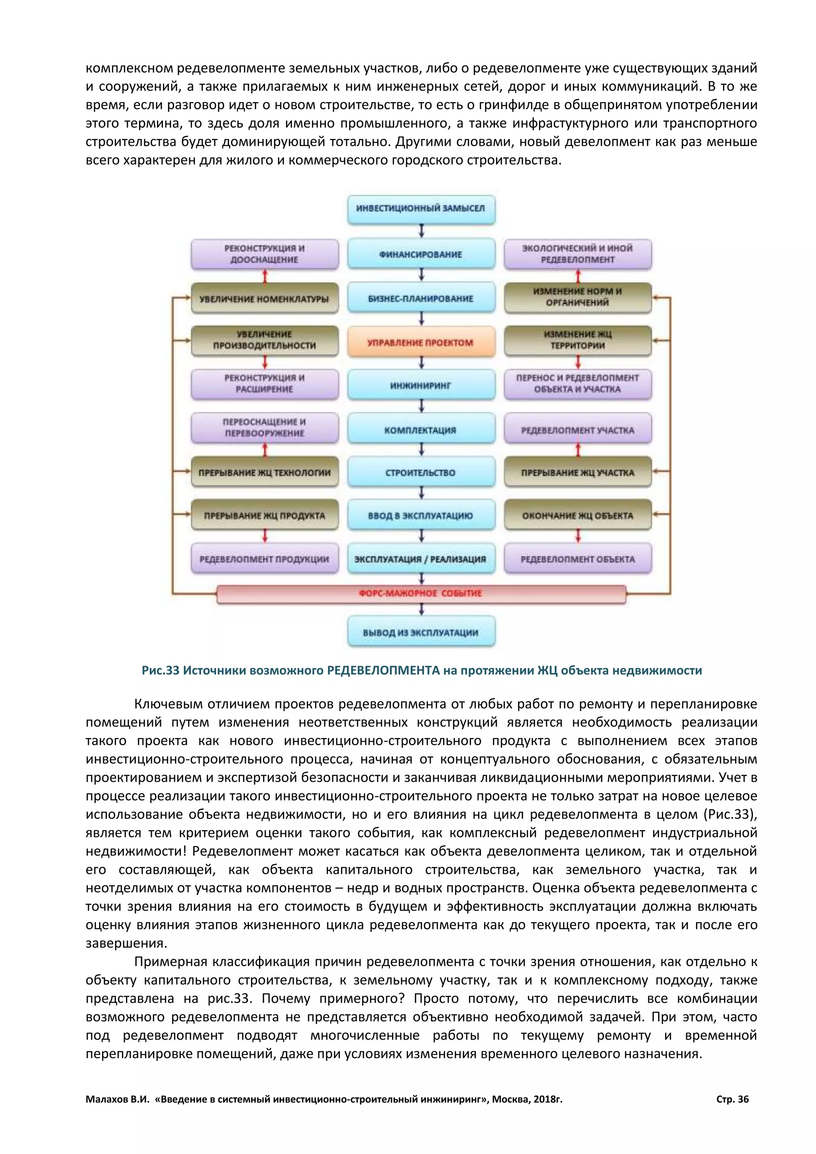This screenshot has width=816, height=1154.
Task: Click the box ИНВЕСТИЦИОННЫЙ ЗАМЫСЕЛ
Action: coord(421,208)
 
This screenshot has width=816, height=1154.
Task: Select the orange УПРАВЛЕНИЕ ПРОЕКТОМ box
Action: coord(421,342)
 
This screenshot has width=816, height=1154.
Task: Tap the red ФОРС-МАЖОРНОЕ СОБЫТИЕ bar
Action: coord(421,594)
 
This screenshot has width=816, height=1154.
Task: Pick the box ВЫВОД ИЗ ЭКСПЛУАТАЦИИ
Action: coord(421,632)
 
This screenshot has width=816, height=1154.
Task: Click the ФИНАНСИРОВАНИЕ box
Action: coord(421,254)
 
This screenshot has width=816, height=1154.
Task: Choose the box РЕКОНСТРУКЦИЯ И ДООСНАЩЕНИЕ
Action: coord(265,254)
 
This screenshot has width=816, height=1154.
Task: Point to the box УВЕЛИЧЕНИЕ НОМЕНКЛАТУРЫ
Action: coord(265,298)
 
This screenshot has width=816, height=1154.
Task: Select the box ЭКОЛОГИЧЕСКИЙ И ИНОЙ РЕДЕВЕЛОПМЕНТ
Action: coord(578,254)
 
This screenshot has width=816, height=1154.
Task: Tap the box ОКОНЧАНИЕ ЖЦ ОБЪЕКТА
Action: coord(578,516)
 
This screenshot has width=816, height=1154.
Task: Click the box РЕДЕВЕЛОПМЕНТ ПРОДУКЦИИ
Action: coord(265,559)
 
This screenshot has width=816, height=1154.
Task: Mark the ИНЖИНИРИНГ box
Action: coord(421,385)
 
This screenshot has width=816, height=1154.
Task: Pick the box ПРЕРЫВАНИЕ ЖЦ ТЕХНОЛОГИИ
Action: coord(265,473)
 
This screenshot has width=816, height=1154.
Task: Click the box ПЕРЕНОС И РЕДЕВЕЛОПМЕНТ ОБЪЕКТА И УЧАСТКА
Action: coord(578,383)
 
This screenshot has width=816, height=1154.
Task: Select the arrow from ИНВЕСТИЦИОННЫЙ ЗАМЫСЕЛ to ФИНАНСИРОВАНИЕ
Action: coord(422,231)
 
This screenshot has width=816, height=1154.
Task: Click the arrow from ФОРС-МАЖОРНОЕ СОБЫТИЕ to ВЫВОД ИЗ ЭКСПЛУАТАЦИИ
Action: coord(422,610)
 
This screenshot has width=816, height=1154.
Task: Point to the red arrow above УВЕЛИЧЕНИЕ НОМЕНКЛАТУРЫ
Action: coord(265,277)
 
